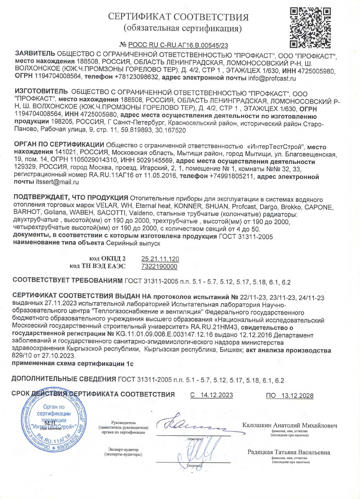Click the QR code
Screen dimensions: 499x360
310,28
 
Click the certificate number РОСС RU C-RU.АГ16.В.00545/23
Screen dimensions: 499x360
178,45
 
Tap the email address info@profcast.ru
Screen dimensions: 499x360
272,78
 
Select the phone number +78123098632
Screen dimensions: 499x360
136,77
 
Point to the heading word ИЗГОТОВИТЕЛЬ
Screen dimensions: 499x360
41,91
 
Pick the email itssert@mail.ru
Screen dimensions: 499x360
57,182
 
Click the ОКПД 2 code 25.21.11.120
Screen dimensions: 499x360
160,259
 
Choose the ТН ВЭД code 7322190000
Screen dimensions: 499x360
159,266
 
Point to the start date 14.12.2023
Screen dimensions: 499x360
217,395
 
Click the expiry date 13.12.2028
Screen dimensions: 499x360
297,396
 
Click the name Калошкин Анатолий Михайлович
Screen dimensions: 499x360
290,425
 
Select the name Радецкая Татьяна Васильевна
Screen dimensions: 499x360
289,452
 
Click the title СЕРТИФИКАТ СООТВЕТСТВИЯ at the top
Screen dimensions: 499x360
178,17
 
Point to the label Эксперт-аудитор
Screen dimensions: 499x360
123,450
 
